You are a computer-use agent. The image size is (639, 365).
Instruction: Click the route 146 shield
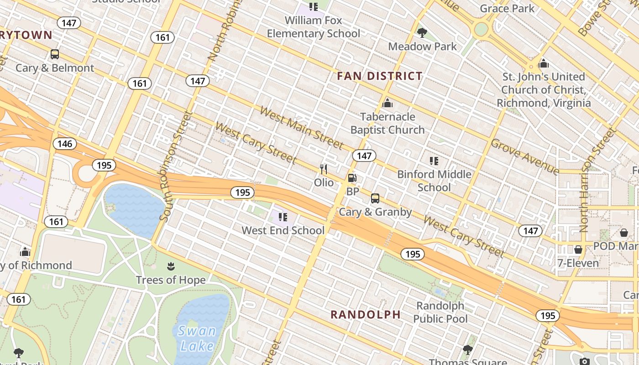65,144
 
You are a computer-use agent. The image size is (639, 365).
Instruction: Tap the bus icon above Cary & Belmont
55,54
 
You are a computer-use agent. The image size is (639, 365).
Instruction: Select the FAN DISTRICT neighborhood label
380,76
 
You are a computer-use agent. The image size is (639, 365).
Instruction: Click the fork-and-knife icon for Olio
324,169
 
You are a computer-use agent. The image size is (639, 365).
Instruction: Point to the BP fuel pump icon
352,178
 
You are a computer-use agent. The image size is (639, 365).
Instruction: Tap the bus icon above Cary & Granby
375,198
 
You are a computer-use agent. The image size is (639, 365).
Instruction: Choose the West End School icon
283,217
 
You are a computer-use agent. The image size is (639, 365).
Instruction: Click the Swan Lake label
197,338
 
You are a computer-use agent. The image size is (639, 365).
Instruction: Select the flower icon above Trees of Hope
171,266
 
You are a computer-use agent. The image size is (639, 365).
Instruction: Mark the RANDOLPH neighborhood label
366,314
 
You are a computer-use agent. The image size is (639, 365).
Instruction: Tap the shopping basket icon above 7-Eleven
578,250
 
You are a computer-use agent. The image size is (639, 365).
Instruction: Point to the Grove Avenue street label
525,156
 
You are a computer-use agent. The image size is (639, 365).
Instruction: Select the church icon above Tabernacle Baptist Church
388,103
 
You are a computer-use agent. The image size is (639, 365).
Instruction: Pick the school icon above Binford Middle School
434,161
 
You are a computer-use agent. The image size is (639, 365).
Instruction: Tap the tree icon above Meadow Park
422,32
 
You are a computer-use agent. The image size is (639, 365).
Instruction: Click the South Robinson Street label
175,167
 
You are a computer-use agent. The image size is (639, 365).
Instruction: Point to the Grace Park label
507,8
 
